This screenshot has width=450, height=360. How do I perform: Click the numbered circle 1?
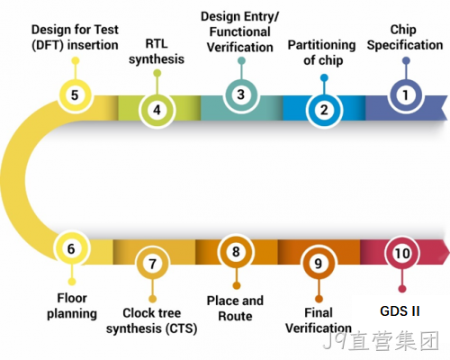coord(406,95)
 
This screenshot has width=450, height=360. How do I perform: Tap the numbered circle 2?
coord(324,111)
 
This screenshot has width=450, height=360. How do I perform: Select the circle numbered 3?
coord(241,94)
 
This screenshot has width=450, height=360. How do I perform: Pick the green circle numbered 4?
coord(157,110)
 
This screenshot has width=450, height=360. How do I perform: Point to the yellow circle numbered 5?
coord(75,95)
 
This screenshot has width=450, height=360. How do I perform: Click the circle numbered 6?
coord(71,248)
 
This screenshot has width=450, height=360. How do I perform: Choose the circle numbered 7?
coord(153,264)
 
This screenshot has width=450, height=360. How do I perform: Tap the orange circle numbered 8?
coord(236,251)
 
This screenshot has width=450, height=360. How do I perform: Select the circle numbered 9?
coord(319,264)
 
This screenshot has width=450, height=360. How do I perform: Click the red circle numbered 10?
coord(402,253)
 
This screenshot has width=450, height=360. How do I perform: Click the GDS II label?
coord(400,311)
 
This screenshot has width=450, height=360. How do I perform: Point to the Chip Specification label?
coord(405,37)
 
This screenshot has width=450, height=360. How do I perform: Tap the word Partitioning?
coord(322,46)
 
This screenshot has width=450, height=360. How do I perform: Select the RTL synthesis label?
coord(157,51)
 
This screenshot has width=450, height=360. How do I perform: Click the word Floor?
coord(72,298)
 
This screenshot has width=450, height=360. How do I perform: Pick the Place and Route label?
coord(235,309)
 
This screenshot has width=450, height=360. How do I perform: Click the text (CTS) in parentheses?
coord(182,328)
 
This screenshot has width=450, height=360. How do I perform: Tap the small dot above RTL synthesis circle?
coord(157,73)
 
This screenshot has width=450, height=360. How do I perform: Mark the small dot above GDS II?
coord(402,289)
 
